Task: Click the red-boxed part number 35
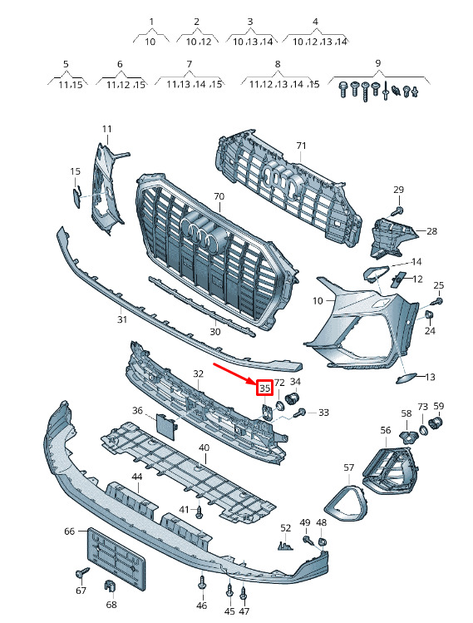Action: (265, 388)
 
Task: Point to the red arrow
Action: (236, 373)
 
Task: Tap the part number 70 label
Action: (219, 196)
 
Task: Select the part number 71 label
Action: (302, 146)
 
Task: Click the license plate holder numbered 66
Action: (116, 551)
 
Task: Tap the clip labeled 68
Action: (110, 586)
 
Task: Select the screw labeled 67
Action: (82, 572)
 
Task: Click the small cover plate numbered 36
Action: (165, 426)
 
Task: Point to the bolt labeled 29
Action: (399, 210)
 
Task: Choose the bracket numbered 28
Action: (392, 237)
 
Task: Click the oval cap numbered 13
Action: (405, 378)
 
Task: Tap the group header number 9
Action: (377, 62)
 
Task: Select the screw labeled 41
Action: (199, 512)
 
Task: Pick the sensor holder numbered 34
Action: (293, 398)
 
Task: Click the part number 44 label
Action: (137, 477)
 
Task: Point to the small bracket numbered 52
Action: (285, 546)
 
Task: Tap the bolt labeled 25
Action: (438, 302)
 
